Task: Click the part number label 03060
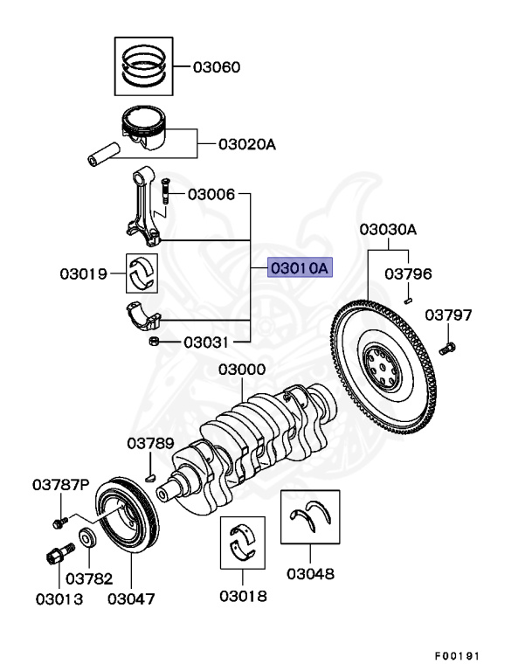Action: [x=216, y=67]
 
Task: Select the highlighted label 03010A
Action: [x=299, y=268]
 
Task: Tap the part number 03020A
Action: [x=246, y=144]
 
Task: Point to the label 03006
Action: [x=211, y=194]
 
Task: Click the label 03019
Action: [x=83, y=274]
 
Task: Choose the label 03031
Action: [x=206, y=342]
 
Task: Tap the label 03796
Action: [x=409, y=274]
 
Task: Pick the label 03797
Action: [x=448, y=315]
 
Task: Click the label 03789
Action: [x=151, y=443]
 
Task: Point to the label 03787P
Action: [x=61, y=483]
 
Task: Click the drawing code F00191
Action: [x=456, y=655]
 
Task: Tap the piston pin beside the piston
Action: [x=103, y=155]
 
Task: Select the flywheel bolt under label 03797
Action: [x=447, y=349]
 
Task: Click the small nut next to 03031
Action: [x=153, y=341]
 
